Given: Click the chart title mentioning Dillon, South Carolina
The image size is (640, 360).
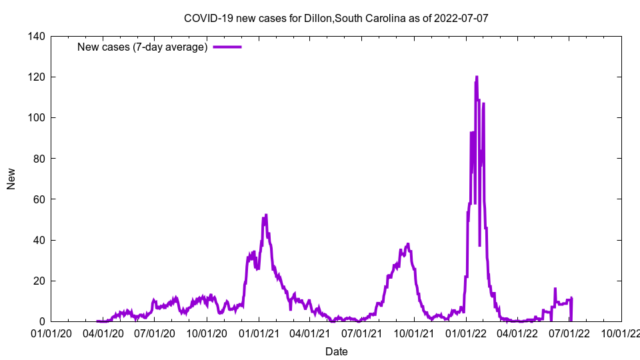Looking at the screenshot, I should click(x=336, y=18).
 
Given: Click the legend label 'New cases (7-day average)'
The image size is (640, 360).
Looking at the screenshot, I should click(x=143, y=47).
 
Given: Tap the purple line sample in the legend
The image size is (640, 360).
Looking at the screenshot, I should click(x=227, y=47).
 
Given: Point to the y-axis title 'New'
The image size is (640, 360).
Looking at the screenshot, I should click(x=11, y=179).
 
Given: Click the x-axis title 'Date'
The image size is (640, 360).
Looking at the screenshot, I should click(x=336, y=351).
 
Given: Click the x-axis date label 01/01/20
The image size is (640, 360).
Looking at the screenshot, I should click(x=51, y=333).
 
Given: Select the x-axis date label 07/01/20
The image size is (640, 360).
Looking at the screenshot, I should click(x=154, y=333).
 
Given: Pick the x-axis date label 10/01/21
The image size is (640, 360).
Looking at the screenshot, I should click(x=413, y=333).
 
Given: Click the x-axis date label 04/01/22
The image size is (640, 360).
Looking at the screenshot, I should click(x=517, y=333).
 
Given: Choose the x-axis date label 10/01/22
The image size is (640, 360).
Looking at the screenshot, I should click(x=621, y=333).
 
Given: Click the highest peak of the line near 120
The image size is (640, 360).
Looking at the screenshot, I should click(x=476, y=77).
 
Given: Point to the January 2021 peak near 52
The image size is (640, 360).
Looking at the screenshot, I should click(x=266, y=215).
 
